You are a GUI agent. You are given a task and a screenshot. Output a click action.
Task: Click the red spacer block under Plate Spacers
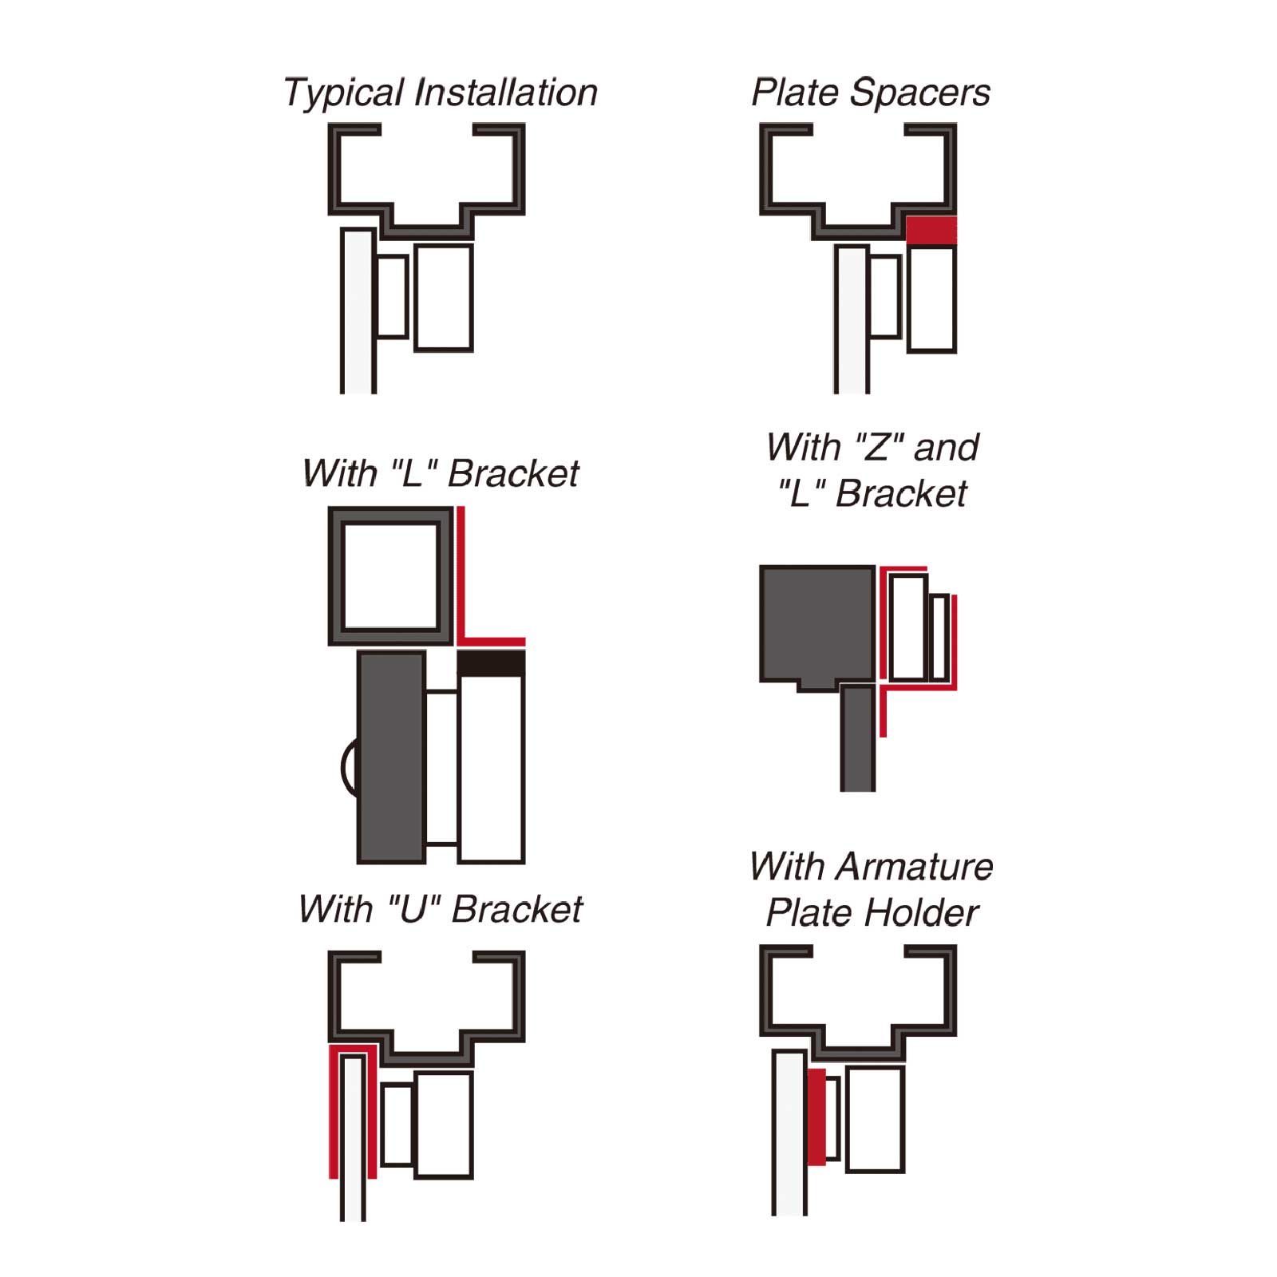tap(931, 230)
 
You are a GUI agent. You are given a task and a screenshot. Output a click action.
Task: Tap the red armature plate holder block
tap(816, 1117)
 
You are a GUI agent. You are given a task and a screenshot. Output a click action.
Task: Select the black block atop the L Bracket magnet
tap(491, 663)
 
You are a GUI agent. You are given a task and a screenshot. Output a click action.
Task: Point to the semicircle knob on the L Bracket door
tap(349, 768)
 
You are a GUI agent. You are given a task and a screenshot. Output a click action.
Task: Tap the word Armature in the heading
tap(915, 866)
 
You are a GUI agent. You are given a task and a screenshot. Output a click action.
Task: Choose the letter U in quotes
tap(413, 909)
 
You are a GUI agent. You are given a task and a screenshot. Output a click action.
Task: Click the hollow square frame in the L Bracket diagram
tap(391, 575)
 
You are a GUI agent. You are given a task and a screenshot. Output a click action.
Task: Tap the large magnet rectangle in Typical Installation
tap(444, 298)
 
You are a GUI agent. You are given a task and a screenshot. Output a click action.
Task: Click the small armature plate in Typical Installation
tap(392, 296)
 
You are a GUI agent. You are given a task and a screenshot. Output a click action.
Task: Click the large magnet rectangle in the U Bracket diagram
tap(444, 1125)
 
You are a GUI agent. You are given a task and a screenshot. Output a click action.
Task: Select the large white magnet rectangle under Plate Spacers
tap(931, 299)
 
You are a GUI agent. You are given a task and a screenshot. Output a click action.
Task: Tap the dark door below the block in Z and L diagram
tap(857, 738)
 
